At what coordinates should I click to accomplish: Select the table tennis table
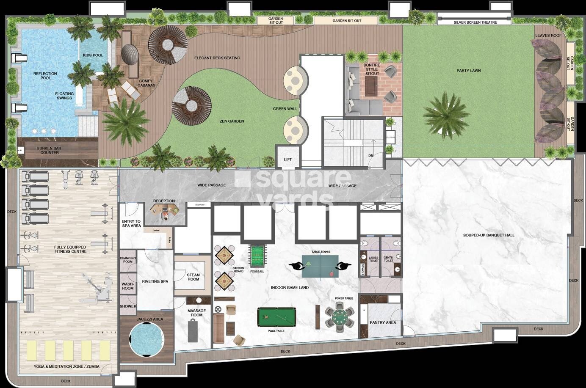click(x=320, y=266)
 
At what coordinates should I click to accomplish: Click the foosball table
click(x=257, y=256)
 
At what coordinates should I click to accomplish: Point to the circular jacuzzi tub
click(x=146, y=338)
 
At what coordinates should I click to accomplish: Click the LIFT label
click(x=288, y=160)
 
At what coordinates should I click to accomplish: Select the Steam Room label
click(x=193, y=277)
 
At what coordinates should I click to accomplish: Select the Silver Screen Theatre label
click(x=475, y=22)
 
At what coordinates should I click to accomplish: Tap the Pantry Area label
click(x=382, y=322)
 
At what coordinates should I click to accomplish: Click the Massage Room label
click(x=197, y=313)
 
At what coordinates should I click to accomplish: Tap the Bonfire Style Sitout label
click(x=372, y=69)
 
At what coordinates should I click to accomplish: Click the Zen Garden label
click(x=232, y=121)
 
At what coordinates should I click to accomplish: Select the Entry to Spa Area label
click(x=131, y=223)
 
